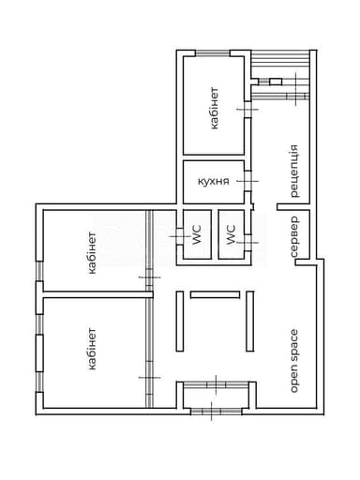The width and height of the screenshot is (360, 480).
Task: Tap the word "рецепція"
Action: coord(293,171)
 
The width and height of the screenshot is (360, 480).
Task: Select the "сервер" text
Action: coord(293,239)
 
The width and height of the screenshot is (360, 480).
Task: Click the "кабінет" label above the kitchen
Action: coord(214,108)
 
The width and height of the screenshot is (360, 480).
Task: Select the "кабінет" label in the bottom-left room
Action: coord(93,349)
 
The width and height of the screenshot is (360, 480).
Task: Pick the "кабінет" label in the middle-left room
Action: coord(93,251)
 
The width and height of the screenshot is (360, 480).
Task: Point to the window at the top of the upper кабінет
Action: coord(215,54)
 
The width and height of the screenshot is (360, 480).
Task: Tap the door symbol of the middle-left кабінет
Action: coord(147,277)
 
